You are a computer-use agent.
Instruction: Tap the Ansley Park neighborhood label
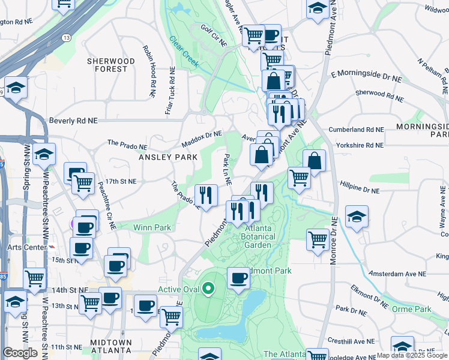point(168,157)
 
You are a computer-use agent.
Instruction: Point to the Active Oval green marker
point(208,289)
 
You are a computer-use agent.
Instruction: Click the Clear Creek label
point(183,51)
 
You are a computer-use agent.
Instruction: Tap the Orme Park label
point(411,309)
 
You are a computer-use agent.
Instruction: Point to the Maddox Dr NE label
point(202,139)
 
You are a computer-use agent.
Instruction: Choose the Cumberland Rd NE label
point(360,129)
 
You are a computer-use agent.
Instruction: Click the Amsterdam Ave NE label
point(397,273)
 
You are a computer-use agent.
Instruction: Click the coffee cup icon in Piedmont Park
point(239,278)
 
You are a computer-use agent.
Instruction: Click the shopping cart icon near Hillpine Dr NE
point(299,178)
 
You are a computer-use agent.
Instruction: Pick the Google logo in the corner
point(20,353)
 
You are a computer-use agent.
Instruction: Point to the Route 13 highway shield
point(65,38)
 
